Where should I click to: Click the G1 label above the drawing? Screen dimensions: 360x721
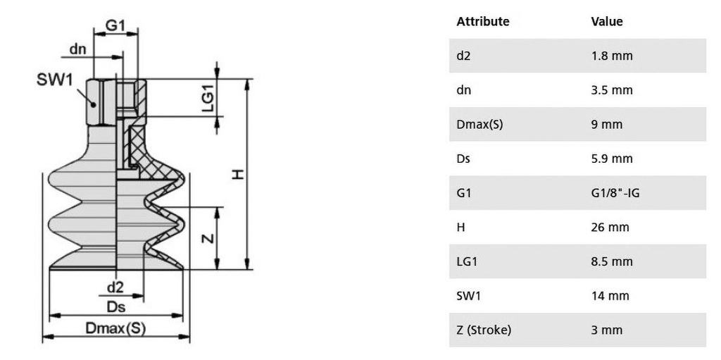[115, 25]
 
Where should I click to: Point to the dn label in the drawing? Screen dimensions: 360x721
[78, 49]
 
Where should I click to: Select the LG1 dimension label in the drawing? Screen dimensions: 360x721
[207, 99]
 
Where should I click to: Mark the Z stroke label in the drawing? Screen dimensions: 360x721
[207, 238]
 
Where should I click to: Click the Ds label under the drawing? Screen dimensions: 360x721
[115, 306]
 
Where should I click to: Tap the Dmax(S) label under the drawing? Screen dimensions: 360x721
[115, 328]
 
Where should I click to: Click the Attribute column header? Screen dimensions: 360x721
[482, 21]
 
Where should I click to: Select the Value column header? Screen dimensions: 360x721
[607, 21]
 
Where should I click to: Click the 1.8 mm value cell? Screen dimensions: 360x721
[612, 56]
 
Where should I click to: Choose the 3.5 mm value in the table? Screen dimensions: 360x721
[612, 90]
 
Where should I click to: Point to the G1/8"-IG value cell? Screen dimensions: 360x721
[615, 193]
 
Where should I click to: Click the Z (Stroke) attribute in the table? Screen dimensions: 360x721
[483, 330]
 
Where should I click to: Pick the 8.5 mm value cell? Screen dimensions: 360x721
[612, 261]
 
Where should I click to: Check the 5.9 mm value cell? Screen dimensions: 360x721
[612, 159]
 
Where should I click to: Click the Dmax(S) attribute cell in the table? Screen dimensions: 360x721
[479, 125]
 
